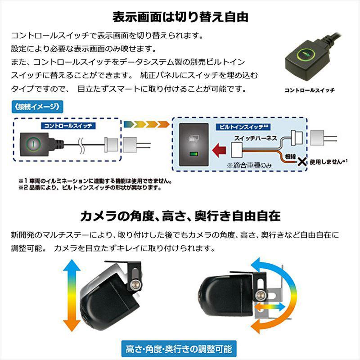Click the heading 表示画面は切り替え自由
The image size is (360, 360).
(x=180, y=17)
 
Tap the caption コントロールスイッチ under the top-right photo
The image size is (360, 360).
(x=309, y=90)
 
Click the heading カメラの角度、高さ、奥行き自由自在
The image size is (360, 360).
(x=180, y=216)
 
